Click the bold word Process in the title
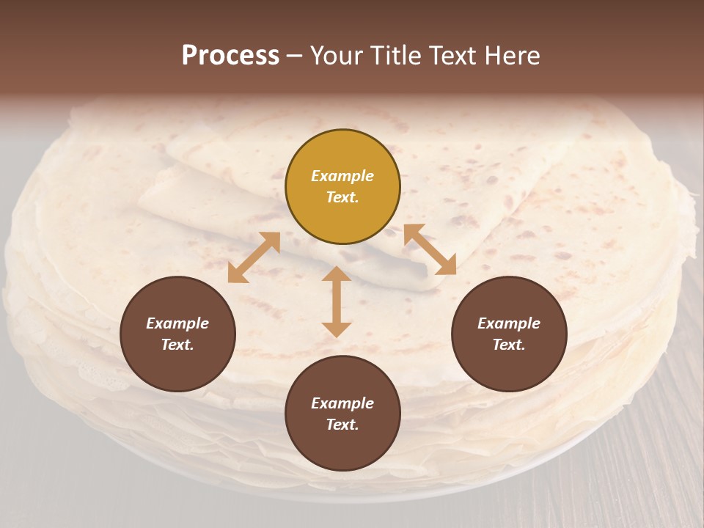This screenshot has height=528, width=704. click(x=230, y=56)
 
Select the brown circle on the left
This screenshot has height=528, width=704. click(x=177, y=334)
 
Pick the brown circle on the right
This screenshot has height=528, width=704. click(x=509, y=334)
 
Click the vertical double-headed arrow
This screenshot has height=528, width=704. click(x=337, y=301)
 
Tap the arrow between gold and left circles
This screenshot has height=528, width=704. click(x=254, y=257)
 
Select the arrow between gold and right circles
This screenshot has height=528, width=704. click(x=430, y=249)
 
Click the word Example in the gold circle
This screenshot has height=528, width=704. click(x=342, y=176)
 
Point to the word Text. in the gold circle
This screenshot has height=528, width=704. click(x=342, y=197)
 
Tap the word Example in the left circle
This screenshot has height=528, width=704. click(x=177, y=323)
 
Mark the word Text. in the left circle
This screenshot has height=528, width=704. click(x=177, y=345)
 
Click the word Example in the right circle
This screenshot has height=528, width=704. click(x=509, y=323)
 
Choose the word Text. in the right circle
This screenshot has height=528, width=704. click(x=509, y=345)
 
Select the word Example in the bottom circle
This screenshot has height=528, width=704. click(x=342, y=403)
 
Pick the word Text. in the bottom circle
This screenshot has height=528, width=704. click(x=342, y=425)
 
